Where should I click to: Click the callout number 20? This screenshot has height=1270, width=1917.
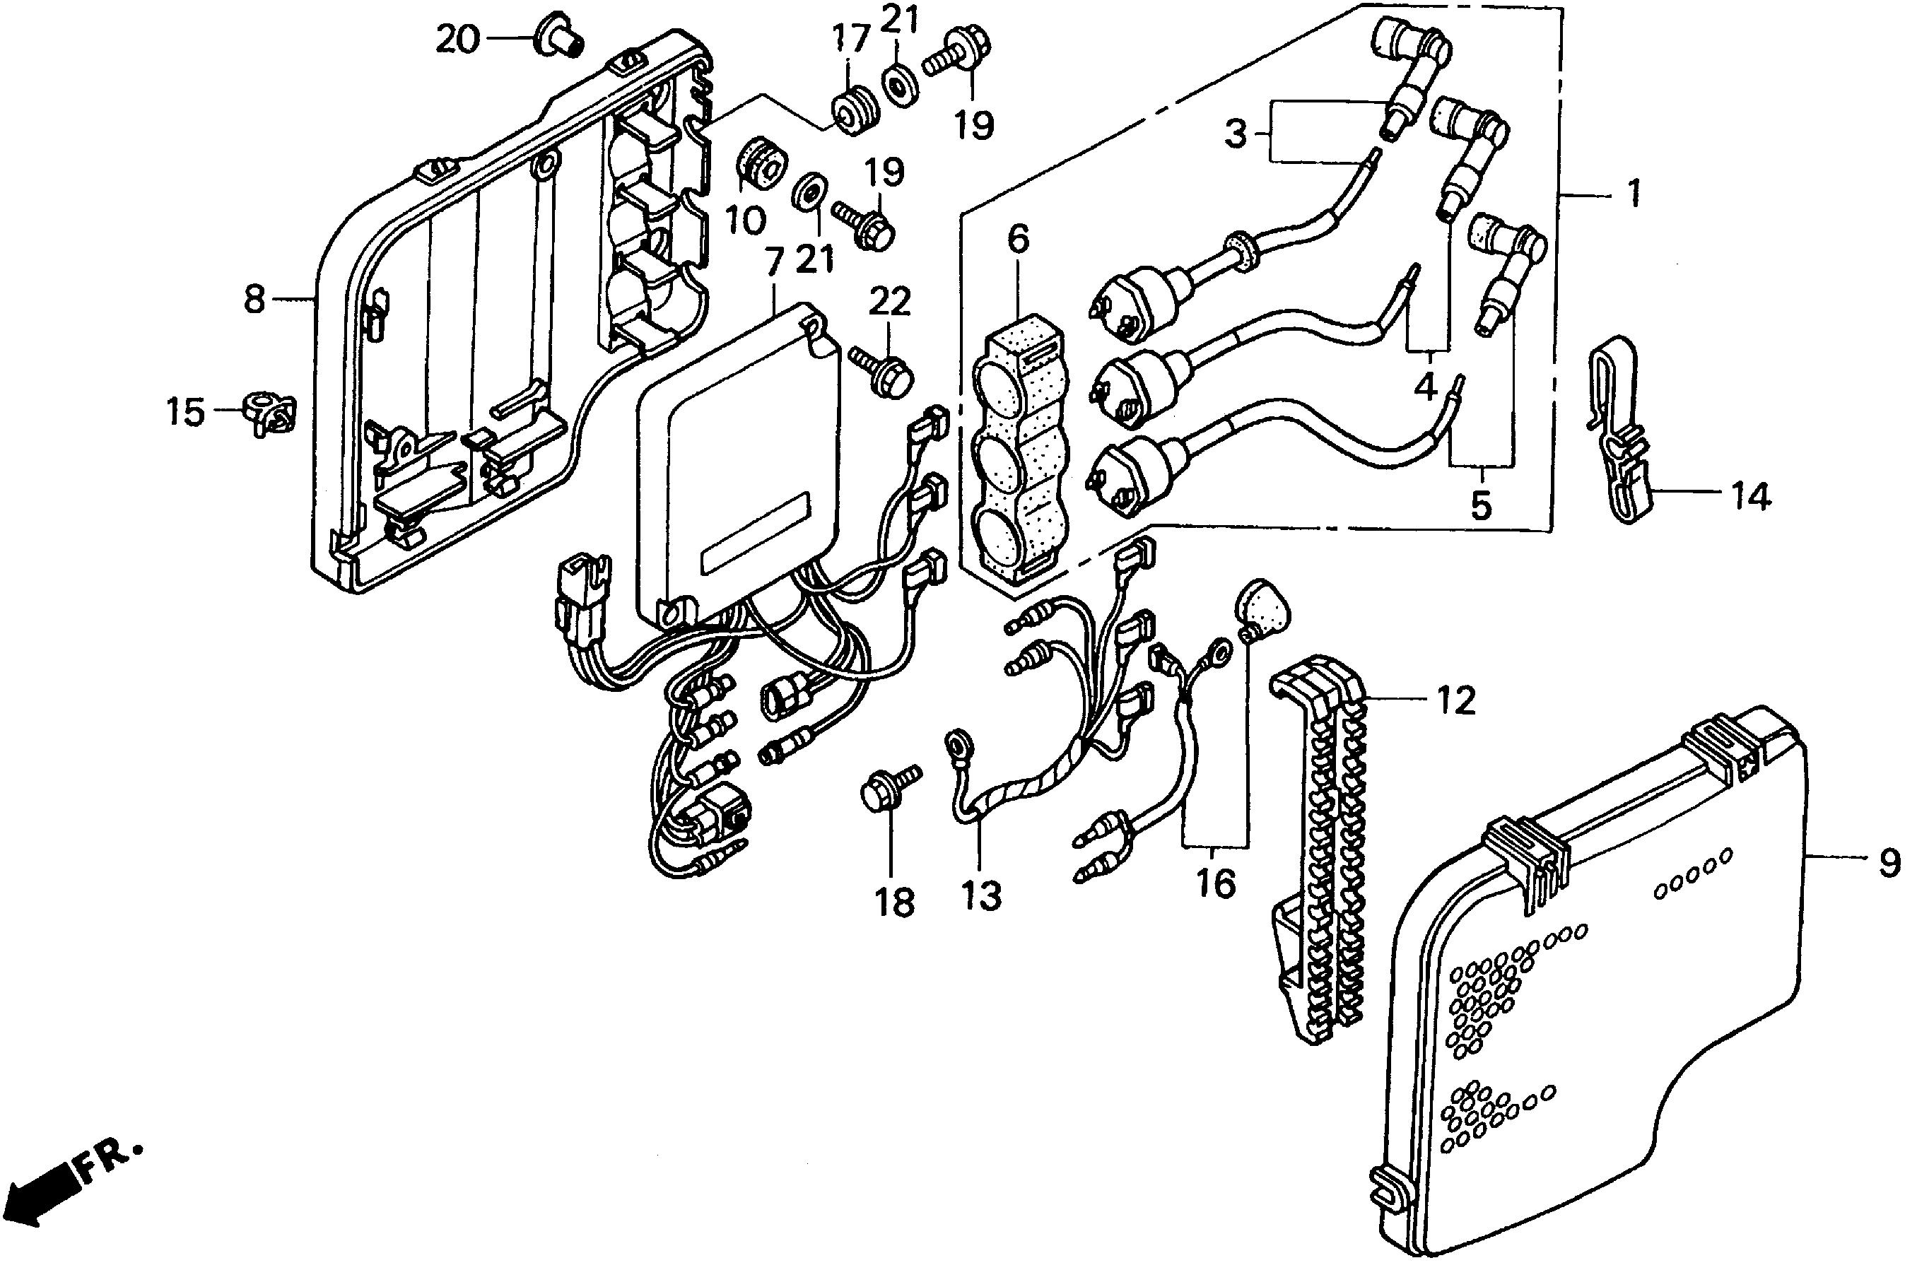(457, 38)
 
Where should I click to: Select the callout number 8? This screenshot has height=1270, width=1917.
(254, 300)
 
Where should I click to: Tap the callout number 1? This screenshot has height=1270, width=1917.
(1634, 194)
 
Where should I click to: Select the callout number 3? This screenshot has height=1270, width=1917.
(1235, 134)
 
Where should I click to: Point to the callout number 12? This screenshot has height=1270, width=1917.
(1456, 700)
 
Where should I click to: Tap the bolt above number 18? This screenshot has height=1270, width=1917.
(889, 787)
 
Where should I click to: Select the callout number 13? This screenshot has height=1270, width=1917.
(982, 896)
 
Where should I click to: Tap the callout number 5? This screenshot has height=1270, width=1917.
(1480, 505)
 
